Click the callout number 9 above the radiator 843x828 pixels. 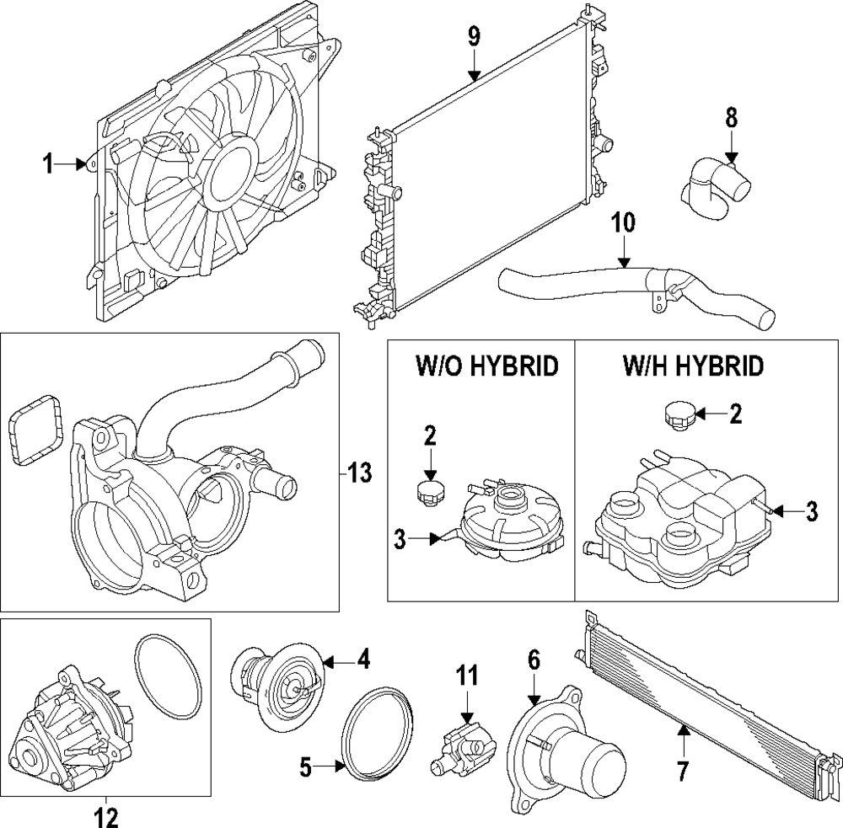point(474,36)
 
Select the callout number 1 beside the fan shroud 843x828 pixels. point(49,164)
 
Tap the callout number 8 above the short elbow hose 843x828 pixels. point(732,119)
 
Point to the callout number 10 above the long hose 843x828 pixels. point(624,223)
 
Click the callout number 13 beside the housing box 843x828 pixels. point(359,473)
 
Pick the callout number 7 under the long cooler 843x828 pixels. point(682,771)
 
